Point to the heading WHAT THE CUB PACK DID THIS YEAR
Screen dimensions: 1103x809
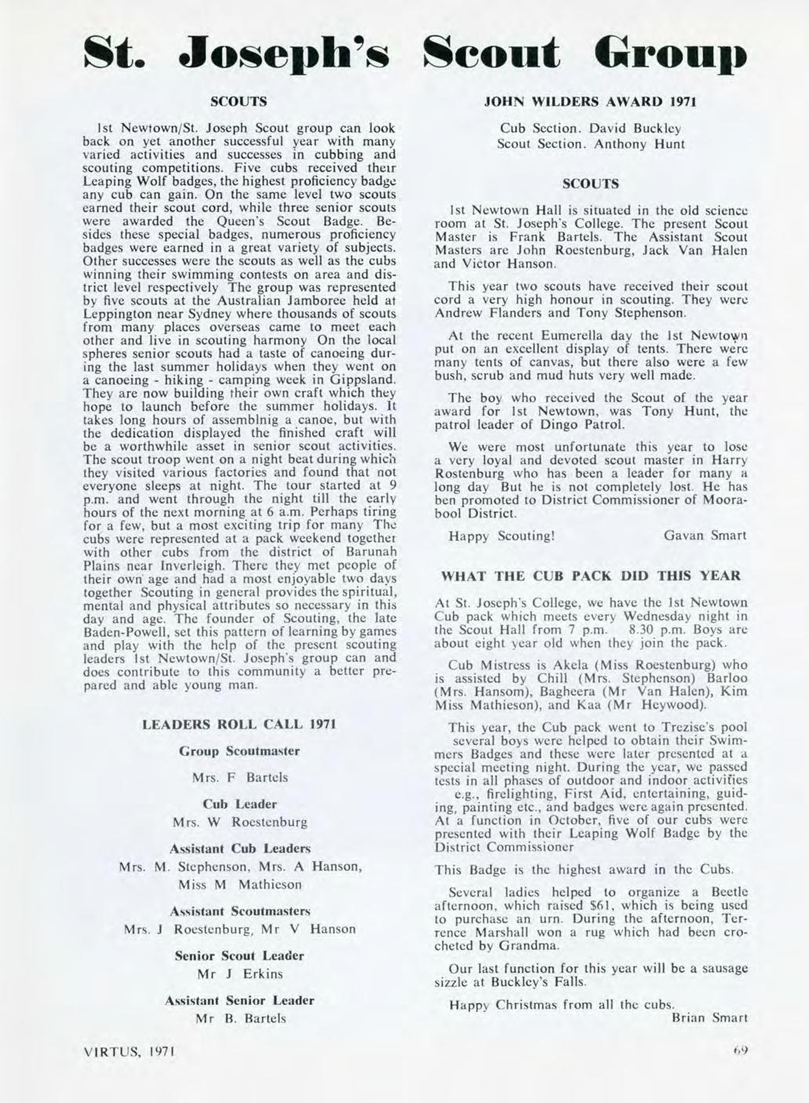591,575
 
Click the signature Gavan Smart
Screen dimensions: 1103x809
705,536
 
